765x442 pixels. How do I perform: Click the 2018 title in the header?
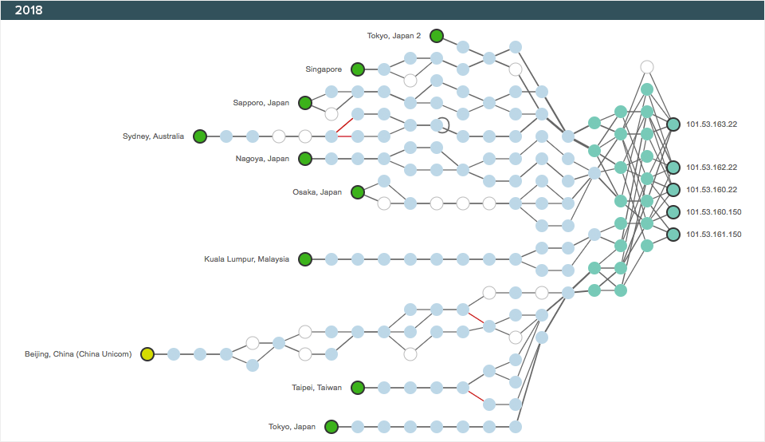(29, 10)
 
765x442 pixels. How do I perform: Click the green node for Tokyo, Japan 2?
(437, 35)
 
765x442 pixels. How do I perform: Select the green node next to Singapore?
(358, 69)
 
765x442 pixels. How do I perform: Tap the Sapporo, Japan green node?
(304, 102)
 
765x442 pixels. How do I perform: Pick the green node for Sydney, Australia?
(200, 136)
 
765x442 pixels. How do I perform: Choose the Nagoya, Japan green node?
(304, 159)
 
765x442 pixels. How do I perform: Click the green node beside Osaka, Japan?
(358, 191)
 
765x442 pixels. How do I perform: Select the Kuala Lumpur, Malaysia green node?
(304, 258)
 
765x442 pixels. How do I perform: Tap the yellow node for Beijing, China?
(147, 354)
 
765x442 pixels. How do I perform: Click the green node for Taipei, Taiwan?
(358, 388)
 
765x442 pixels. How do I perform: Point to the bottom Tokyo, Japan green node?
(331, 427)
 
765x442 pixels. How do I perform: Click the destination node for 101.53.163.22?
(673, 124)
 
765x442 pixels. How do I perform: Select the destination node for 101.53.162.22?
(673, 168)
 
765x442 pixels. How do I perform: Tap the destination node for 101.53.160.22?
(673, 190)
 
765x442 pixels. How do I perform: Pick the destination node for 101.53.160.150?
(673, 212)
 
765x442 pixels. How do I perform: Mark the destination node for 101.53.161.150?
(673, 235)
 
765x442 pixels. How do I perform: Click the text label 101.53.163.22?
(712, 124)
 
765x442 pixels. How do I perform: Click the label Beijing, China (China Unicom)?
(78, 354)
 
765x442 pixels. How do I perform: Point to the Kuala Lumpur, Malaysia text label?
(246, 259)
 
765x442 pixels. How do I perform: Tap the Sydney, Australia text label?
(153, 136)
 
